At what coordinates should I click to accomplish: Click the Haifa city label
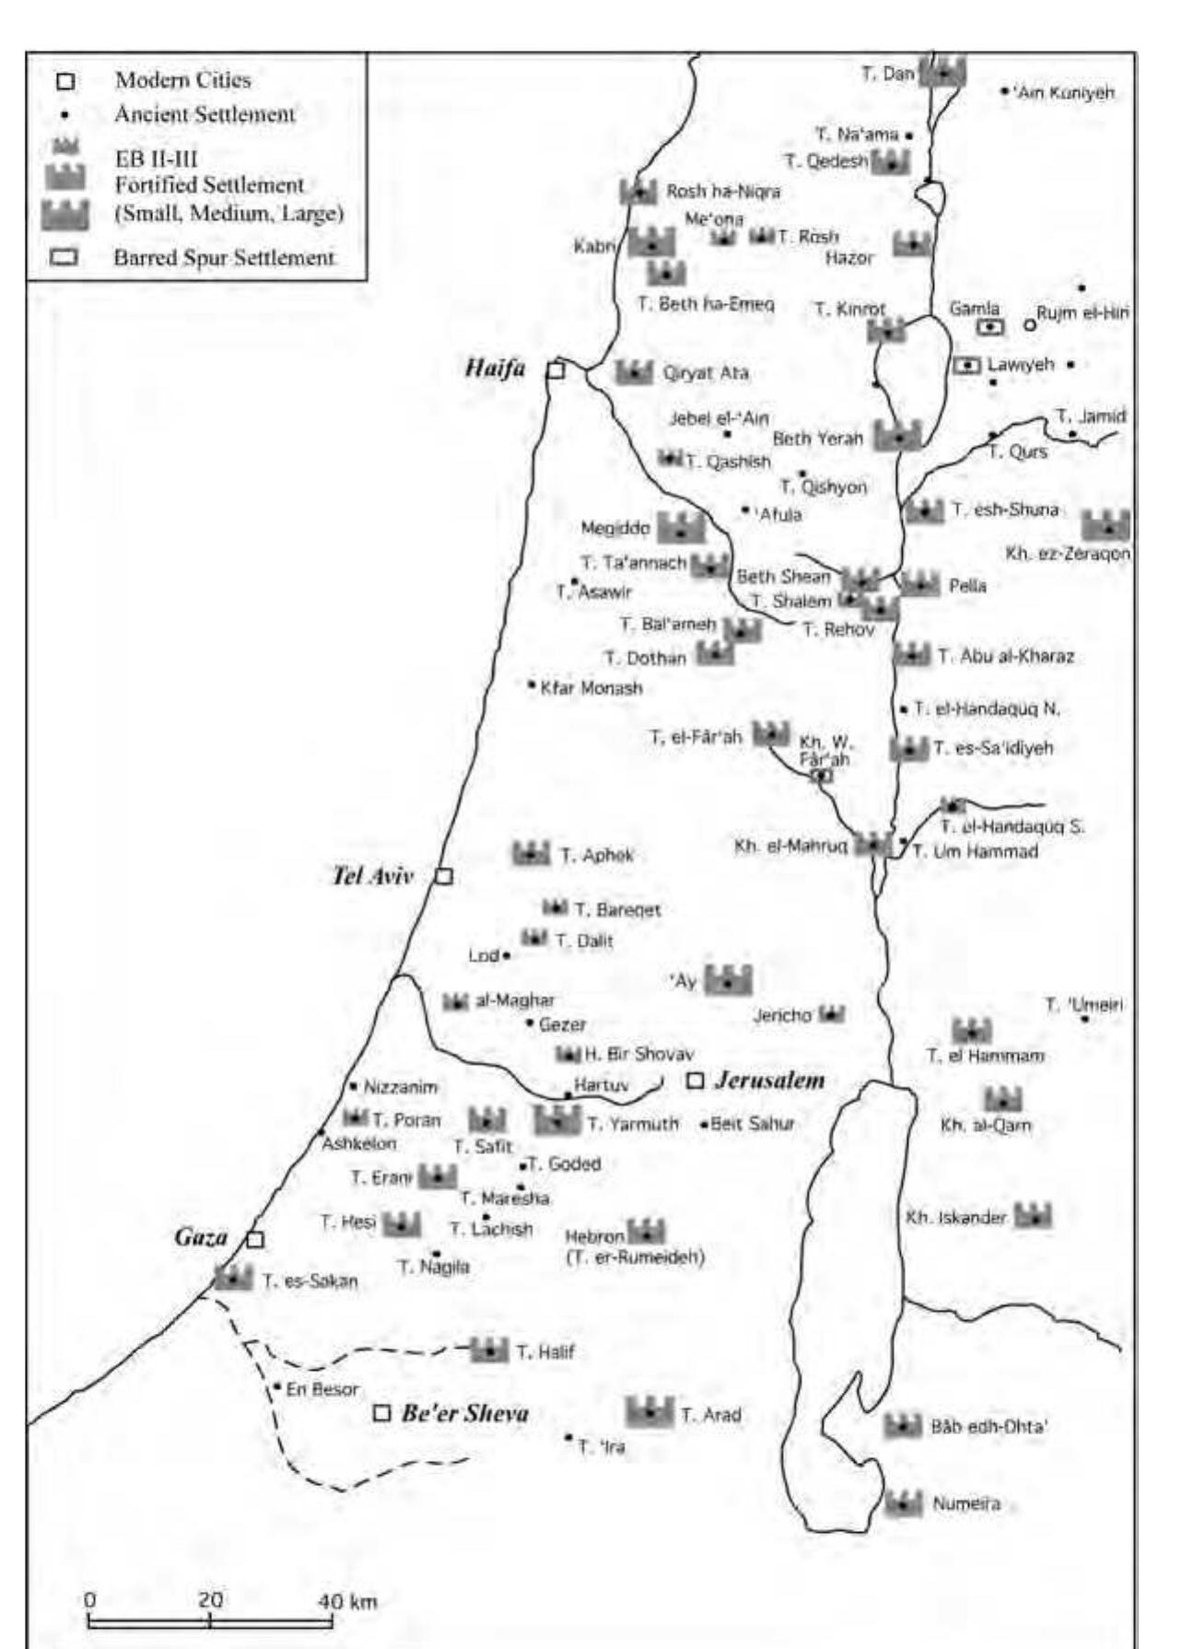[495, 368]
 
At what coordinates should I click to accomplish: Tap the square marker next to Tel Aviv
[443, 875]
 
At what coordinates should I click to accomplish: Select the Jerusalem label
[769, 1080]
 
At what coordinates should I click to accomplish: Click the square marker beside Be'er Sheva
[381, 1413]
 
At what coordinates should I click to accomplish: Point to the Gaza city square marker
[255, 1239]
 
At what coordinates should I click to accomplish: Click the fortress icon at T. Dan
[942, 71]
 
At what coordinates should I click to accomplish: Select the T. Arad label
[710, 1414]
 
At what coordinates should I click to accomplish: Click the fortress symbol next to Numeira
[904, 1503]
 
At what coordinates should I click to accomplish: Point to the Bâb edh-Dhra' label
[989, 1427]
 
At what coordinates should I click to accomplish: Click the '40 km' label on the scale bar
[347, 1602]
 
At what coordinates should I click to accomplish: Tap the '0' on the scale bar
[89, 1599]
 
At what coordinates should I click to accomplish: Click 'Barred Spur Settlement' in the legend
[224, 258]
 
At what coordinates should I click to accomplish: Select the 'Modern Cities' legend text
[182, 80]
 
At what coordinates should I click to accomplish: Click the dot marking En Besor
[276, 1386]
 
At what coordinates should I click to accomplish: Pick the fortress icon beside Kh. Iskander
[1033, 1216]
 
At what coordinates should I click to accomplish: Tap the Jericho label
[782, 1015]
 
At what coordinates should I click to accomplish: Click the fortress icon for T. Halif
[489, 1351]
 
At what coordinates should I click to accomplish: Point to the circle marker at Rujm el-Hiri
[1030, 324]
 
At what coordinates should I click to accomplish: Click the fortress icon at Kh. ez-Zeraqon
[1105, 525]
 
